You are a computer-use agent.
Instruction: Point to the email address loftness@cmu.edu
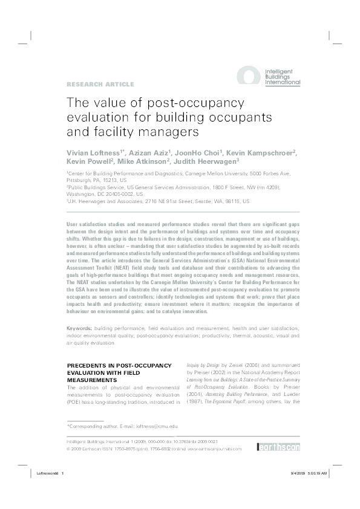[x=158, y=427]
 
